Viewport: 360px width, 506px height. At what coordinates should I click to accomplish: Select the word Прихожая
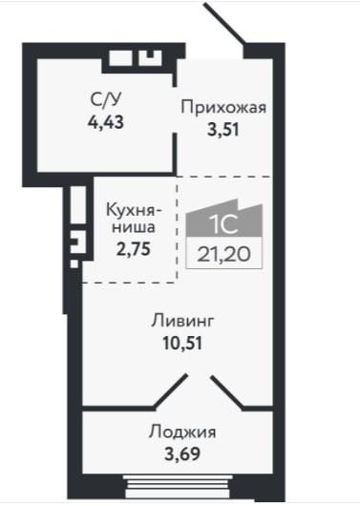pos(222,107)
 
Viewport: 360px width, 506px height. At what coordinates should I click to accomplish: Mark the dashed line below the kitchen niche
pos(130,282)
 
